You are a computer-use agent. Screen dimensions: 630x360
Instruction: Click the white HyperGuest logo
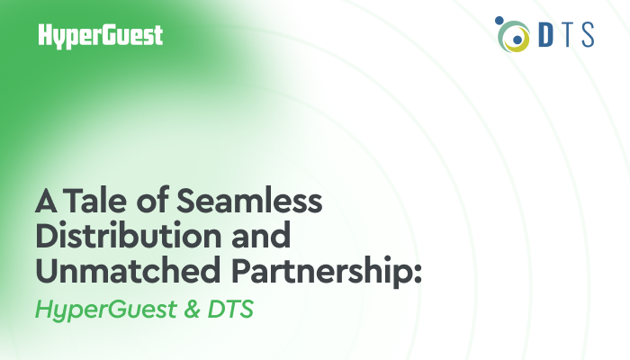pyautogui.click(x=101, y=36)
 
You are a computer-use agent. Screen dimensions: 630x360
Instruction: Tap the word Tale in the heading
pyautogui.click(x=94, y=201)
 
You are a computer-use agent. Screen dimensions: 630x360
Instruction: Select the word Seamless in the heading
pyautogui.click(x=249, y=201)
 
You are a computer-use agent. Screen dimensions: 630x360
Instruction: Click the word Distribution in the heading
pyautogui.click(x=129, y=236)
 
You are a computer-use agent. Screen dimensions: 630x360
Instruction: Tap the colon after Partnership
pyautogui.click(x=417, y=274)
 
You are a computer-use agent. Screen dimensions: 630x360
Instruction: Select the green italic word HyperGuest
pyautogui.click(x=106, y=310)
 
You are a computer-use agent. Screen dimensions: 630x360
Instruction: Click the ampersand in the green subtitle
pyautogui.click(x=192, y=309)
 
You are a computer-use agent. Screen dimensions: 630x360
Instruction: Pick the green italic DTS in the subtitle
pyautogui.click(x=230, y=309)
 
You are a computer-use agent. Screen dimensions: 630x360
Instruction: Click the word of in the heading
pyautogui.click(x=152, y=201)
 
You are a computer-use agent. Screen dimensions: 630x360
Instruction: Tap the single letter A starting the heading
pyautogui.click(x=46, y=202)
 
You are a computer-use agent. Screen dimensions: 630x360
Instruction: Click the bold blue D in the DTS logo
pyautogui.click(x=546, y=35)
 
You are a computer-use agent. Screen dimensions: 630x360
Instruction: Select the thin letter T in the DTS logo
pyautogui.click(x=566, y=35)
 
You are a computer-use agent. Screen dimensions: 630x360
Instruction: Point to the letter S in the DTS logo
pyautogui.click(x=588, y=35)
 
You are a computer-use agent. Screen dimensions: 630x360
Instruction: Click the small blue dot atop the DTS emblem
pyautogui.click(x=499, y=21)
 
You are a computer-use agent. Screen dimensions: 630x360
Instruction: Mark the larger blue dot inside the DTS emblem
pyautogui.click(x=517, y=40)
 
